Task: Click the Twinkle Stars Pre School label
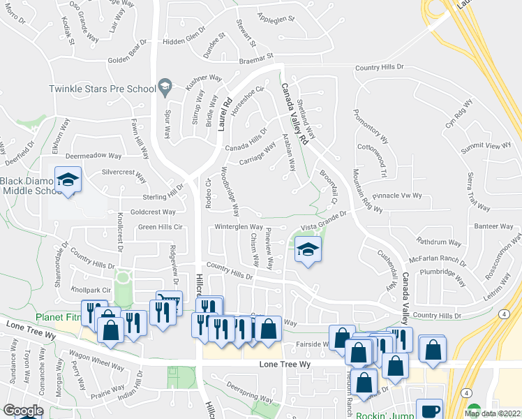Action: (102, 89)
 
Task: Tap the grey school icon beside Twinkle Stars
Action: (165, 87)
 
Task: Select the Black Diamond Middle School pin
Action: (68, 181)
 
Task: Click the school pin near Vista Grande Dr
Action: (306, 250)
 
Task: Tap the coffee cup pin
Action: (429, 410)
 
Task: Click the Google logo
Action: (23, 411)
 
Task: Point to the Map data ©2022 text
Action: (493, 413)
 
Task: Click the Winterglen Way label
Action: (238, 226)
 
